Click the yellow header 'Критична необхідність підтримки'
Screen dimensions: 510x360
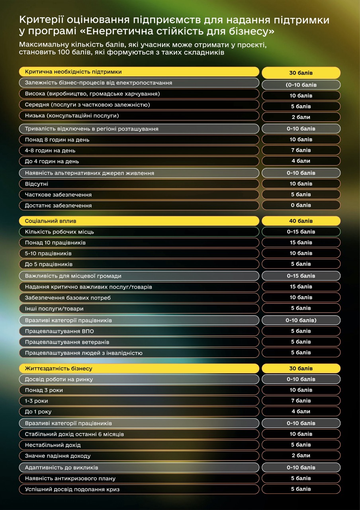pos(139,72)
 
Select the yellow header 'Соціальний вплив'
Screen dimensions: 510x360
pos(139,221)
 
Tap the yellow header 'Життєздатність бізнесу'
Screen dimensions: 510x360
pos(139,369)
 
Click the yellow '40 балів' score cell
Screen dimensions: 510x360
pos(301,221)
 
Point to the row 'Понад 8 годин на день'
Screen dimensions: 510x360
pos(139,140)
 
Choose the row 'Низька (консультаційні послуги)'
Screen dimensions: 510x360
pos(139,116)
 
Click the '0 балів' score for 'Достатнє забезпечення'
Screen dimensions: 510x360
pos(301,205)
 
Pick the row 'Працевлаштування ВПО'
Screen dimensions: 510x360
pos(139,331)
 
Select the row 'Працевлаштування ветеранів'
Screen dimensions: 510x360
pos(139,342)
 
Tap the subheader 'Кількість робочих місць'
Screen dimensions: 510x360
pos(139,231)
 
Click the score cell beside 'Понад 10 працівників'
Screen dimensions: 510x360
pos(301,243)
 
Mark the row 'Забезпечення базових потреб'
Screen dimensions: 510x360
pos(139,298)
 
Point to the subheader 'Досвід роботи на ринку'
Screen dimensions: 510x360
pos(139,379)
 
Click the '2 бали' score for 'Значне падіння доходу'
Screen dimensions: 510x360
pos(301,455)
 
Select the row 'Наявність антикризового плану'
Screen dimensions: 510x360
pos(139,478)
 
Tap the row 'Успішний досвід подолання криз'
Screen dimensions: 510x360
pos(139,489)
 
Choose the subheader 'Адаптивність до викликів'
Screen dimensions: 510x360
pos(139,467)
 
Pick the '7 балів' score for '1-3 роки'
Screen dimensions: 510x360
pos(301,401)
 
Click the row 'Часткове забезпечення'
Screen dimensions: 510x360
pos(139,194)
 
